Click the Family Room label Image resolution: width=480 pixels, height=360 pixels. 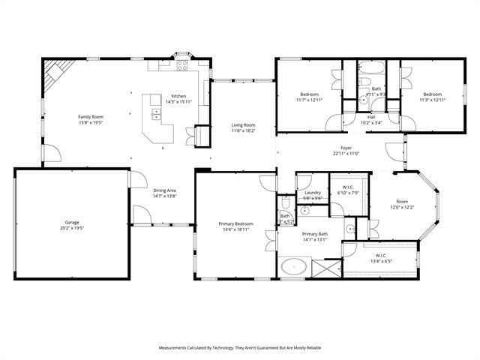91,117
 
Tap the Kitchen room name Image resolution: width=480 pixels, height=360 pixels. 178,96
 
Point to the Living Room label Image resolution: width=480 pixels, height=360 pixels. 243,125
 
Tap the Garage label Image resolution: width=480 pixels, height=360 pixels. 72,223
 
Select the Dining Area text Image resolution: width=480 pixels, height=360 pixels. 165,190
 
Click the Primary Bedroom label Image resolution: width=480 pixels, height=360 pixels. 235,223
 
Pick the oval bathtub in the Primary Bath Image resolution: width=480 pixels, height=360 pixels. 292,266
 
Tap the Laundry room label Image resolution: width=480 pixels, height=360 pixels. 313,193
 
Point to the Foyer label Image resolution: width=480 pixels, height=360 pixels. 346,148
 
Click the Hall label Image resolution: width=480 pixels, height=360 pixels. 371,116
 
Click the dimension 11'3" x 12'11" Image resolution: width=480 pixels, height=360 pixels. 432,100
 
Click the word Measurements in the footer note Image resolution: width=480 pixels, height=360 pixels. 177,348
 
